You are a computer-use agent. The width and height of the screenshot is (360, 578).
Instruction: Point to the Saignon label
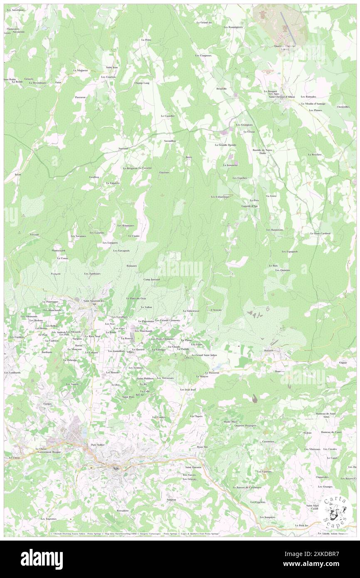pyautogui.click(x=171, y=499)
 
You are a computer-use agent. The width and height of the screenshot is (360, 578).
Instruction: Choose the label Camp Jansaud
pyautogui.click(x=152, y=279)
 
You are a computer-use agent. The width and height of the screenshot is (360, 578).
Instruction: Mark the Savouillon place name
pyautogui.click(x=170, y=141)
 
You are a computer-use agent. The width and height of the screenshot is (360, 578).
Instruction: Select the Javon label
pyautogui.click(x=17, y=175)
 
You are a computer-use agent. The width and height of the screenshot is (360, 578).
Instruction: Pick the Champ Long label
pyautogui.click(x=141, y=83)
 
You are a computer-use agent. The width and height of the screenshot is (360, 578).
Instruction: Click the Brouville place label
pyautogui.click(x=222, y=89)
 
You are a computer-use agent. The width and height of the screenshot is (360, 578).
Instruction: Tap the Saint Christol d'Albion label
pyautogui.click(x=282, y=97)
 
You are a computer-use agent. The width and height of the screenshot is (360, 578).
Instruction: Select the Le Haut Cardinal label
pyautogui.click(x=320, y=233)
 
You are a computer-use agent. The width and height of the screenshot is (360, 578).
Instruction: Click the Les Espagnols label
pyautogui.click(x=289, y=252)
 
